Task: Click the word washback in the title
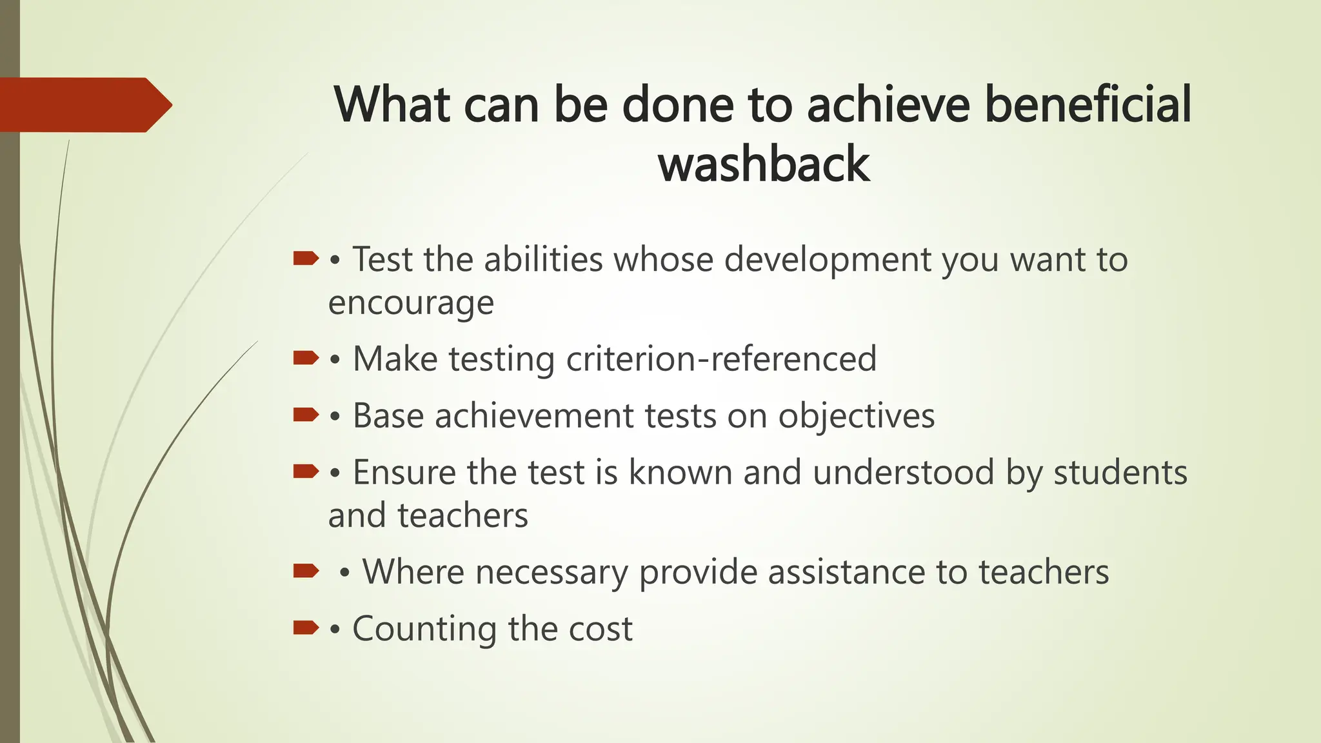point(764,164)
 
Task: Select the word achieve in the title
point(889,104)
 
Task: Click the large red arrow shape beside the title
point(84,105)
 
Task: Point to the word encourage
point(411,302)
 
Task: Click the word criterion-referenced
point(721,359)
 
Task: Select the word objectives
point(856,416)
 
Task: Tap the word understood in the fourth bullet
point(903,472)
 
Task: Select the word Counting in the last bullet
point(424,629)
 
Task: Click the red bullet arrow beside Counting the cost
point(306,627)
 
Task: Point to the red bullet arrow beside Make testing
point(306,357)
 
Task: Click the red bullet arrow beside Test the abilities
point(306,259)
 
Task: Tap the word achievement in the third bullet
point(534,416)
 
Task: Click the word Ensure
point(404,472)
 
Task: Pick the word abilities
point(543,260)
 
